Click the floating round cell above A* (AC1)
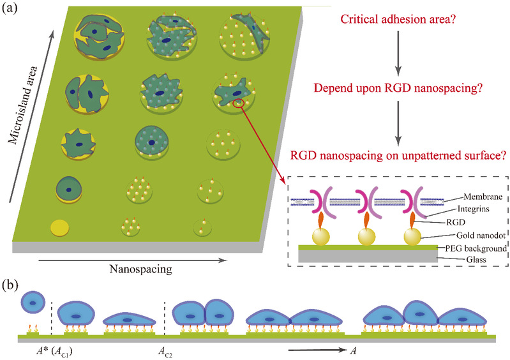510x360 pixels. tap(33, 300)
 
